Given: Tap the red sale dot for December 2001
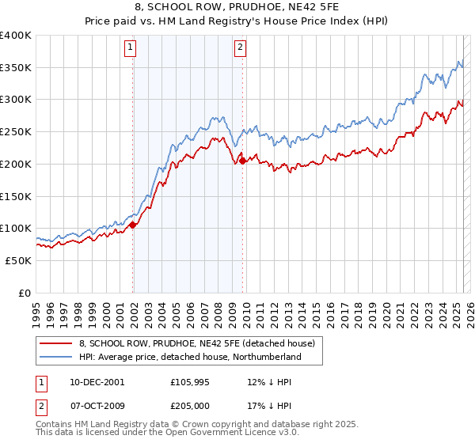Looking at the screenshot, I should coord(133,225).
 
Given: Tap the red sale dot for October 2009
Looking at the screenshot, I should coord(242,161).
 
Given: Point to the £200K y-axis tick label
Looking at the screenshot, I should coord(16,164).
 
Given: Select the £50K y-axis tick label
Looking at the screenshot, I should coord(18,260).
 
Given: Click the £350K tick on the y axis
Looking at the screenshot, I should coord(16,67).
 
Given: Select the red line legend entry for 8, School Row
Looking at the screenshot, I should coord(197,343).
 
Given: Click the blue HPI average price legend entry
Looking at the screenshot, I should coord(190,358).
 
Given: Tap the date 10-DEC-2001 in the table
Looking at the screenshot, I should coord(97,382).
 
